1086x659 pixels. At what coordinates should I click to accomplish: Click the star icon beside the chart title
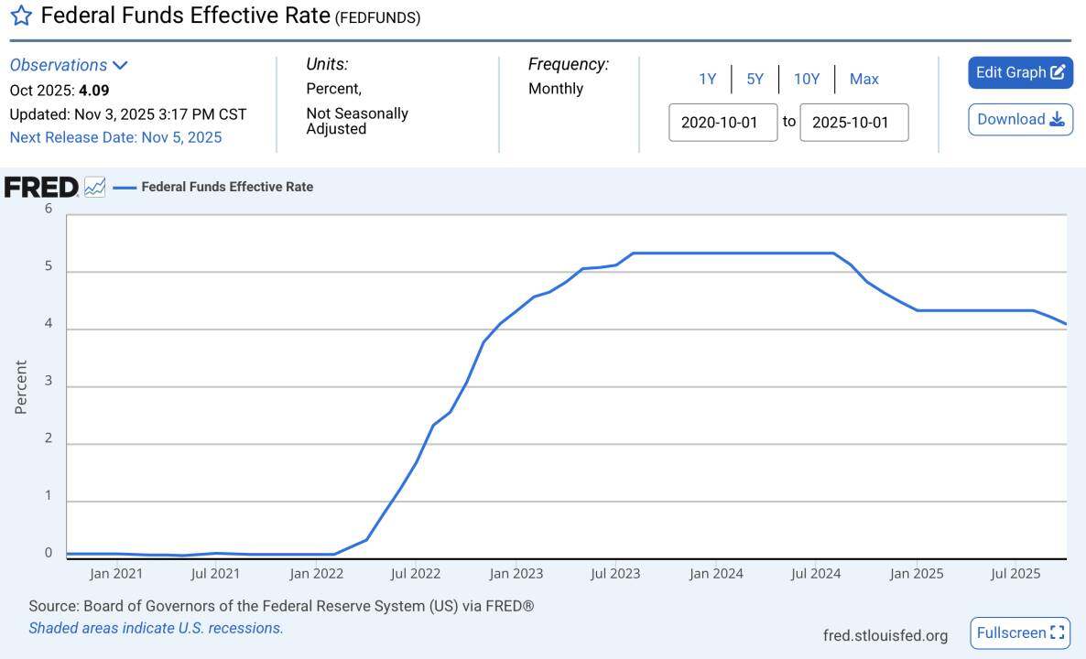click(20, 16)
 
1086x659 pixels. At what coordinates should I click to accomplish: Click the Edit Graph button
click(1020, 72)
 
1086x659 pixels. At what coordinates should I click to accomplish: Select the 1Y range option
click(707, 79)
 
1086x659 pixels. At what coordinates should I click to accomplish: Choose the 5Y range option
click(755, 79)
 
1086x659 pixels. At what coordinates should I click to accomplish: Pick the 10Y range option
click(806, 79)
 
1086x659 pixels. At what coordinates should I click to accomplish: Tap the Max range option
click(863, 79)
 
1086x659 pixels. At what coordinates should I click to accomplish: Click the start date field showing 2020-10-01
click(722, 123)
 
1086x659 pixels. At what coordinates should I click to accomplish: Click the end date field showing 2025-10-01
click(853, 123)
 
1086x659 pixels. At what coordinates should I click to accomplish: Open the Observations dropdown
click(69, 65)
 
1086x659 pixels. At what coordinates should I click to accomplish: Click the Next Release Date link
click(115, 137)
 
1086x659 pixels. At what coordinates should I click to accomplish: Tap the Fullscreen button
click(1020, 632)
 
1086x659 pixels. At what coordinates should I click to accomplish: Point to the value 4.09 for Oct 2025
click(94, 91)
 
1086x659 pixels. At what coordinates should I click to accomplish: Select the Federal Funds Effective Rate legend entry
click(226, 187)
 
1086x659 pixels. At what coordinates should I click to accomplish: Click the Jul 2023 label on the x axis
click(615, 574)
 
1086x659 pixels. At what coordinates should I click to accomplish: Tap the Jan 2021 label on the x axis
click(116, 574)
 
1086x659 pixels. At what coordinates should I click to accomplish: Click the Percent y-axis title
click(21, 386)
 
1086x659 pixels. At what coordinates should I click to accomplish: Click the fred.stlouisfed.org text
click(885, 635)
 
